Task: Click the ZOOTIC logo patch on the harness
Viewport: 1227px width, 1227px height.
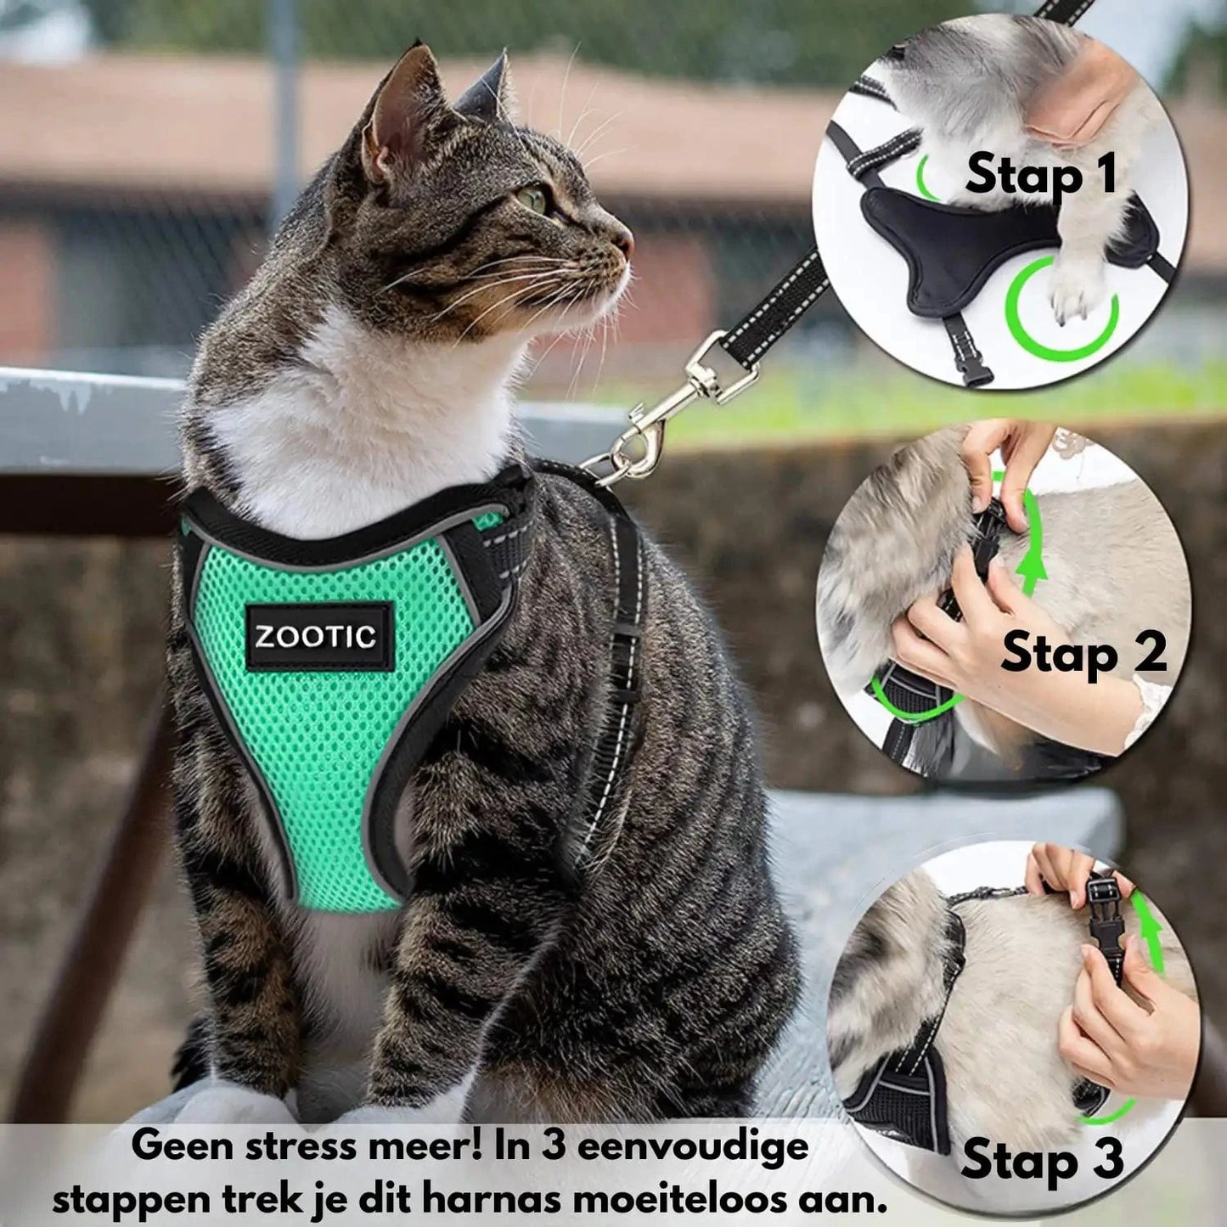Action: [x=317, y=638]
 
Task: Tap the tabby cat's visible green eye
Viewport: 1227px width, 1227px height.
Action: [x=533, y=199]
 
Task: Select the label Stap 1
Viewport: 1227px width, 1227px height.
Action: [x=1040, y=174]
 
